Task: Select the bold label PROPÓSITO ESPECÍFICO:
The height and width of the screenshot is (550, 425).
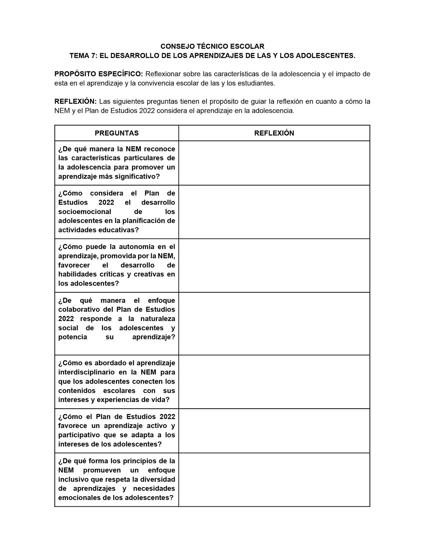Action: click(99, 74)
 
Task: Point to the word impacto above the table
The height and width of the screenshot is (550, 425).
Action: click(349, 74)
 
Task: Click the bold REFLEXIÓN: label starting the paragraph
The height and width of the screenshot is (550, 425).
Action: click(76, 101)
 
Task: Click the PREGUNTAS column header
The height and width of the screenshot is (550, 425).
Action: click(116, 133)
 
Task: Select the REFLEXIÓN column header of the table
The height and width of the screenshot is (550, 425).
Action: click(274, 133)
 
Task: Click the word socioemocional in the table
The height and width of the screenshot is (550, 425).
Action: click(85, 212)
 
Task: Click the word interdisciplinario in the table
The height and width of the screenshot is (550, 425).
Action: click(86, 372)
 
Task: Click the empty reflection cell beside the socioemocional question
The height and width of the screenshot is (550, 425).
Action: click(274, 212)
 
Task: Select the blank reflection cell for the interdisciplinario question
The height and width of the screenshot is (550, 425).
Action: click(274, 382)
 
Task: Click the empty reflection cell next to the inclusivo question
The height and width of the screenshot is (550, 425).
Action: click(274, 480)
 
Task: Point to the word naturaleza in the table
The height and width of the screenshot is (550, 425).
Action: click(158, 319)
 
